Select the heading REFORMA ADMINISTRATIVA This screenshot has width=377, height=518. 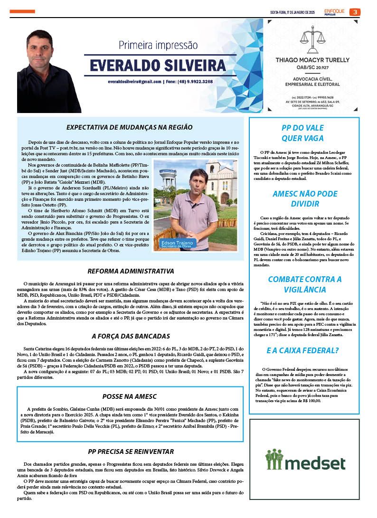(x=131, y=272)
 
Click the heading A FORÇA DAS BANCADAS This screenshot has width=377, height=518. (x=131, y=336)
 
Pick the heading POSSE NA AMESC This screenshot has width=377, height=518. (x=130, y=396)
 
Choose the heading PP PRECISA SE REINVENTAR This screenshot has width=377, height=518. (x=131, y=452)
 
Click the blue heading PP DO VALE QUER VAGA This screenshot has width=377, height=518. (x=302, y=133)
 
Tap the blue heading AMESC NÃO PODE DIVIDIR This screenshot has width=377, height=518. (x=305, y=199)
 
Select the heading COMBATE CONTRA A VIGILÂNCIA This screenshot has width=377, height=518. (x=304, y=284)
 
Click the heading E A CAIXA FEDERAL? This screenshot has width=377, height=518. (x=302, y=351)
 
